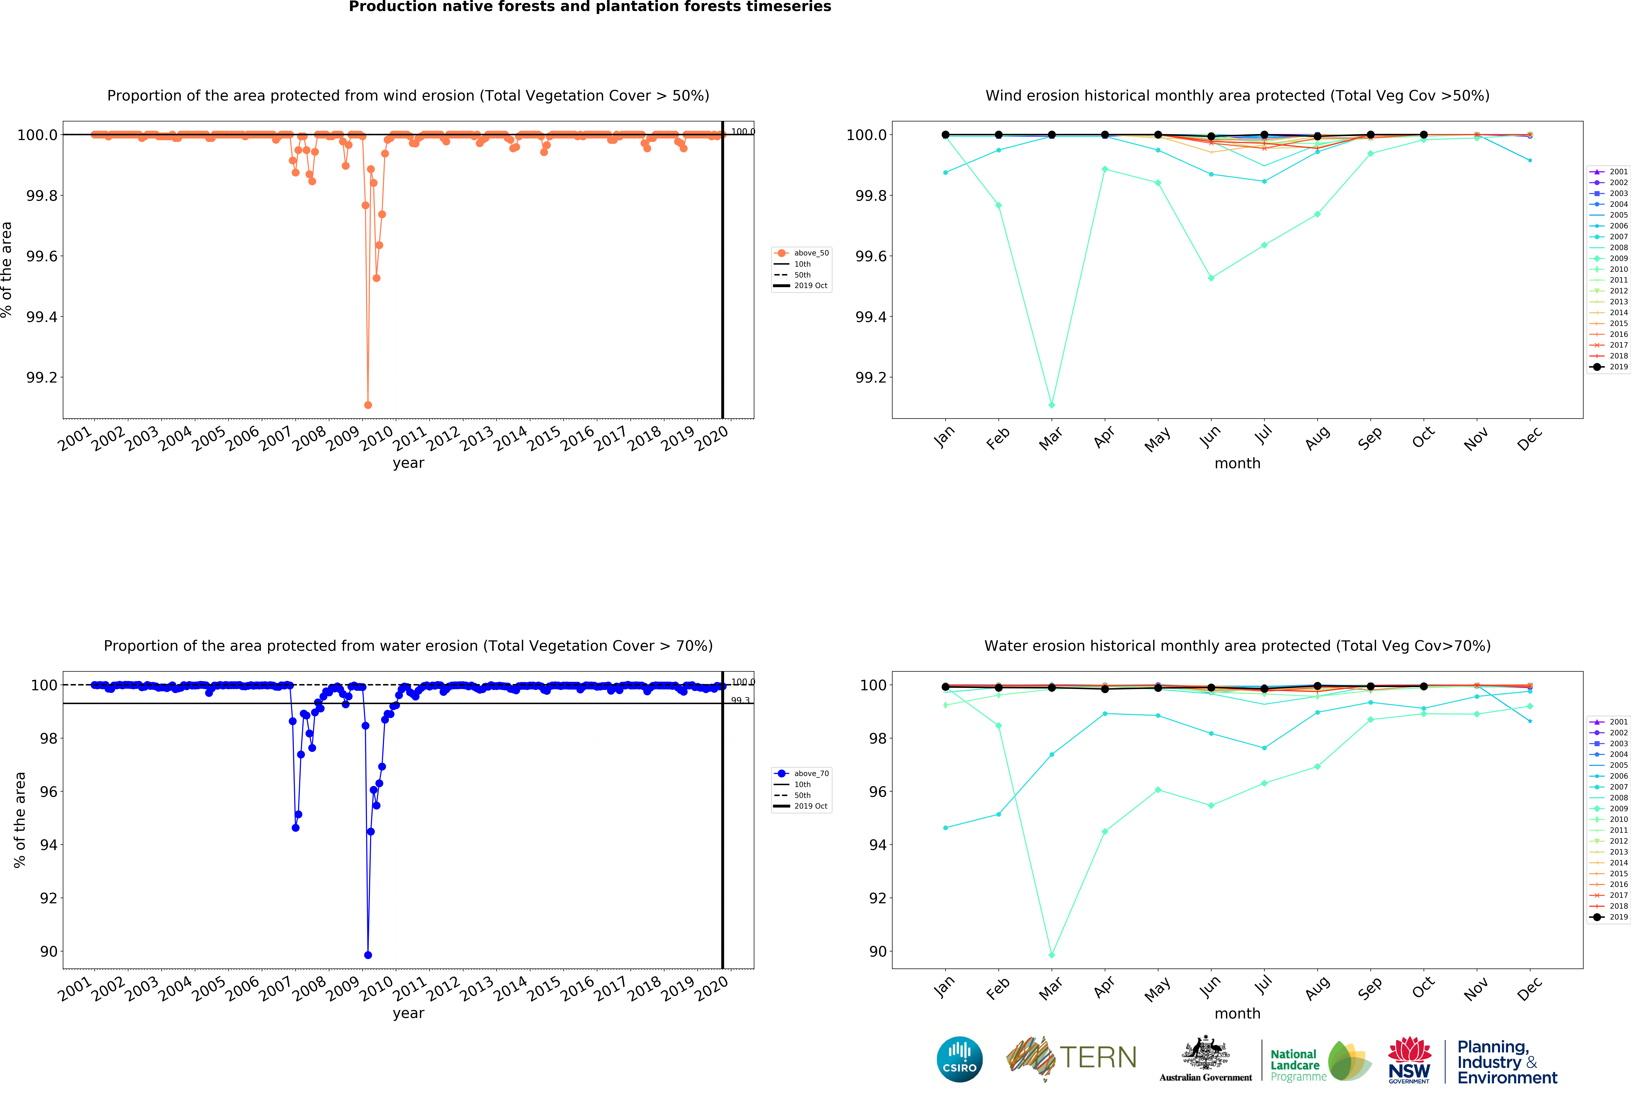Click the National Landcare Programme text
point(1298,1065)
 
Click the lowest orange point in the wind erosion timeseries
point(368,405)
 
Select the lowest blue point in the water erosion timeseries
point(368,955)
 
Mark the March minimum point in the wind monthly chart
point(1051,405)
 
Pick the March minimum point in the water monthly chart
point(1051,955)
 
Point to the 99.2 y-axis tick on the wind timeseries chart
point(42,377)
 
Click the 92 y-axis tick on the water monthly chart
point(877,898)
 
